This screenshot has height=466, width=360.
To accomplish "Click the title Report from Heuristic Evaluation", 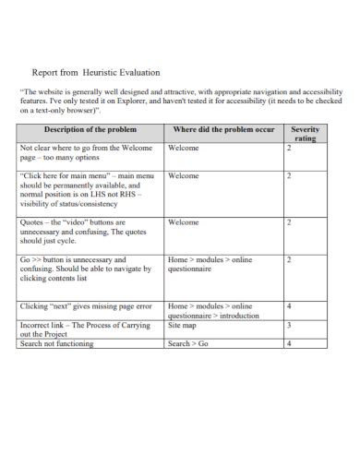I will tap(96, 71).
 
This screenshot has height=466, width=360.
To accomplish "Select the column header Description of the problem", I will tap(90, 130).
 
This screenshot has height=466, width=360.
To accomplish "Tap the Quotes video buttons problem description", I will tap(84, 232).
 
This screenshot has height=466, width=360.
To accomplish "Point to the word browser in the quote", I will tap(78, 112).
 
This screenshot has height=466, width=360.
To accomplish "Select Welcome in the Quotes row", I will tap(184, 222).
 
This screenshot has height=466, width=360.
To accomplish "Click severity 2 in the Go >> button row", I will tap(289, 260).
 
